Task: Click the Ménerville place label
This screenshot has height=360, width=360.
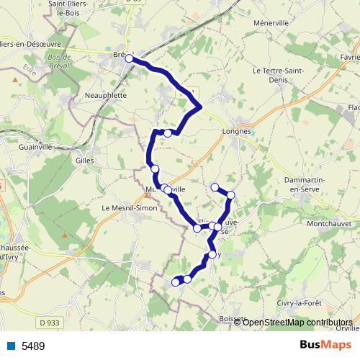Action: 270,22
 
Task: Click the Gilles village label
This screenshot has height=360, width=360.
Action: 85,161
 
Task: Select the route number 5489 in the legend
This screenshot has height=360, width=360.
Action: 32,346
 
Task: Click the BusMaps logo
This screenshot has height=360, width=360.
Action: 330,345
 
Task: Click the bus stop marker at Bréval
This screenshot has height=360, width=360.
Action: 130,59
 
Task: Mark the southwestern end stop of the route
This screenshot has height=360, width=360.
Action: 175,282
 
